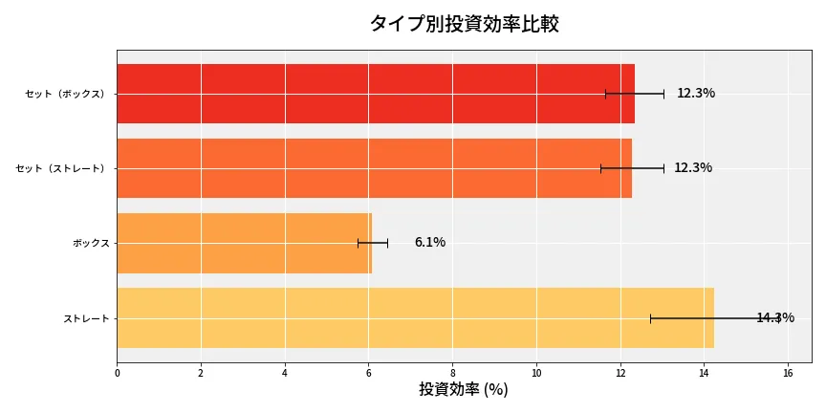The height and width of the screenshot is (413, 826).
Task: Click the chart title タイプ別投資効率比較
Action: tap(464, 24)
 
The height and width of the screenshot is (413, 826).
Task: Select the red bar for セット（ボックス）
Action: tap(375, 94)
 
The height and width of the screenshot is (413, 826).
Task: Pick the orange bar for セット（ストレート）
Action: tap(374, 168)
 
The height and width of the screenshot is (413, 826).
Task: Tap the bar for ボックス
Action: tap(244, 243)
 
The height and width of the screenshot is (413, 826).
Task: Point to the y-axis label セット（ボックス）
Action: tap(67, 94)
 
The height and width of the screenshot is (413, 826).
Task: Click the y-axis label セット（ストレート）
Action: tap(62, 168)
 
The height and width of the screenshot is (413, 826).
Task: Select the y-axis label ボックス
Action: tap(92, 243)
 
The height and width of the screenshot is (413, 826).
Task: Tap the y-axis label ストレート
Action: tap(86, 317)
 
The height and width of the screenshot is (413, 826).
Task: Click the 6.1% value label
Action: tap(429, 243)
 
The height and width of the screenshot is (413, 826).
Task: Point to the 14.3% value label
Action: tap(774, 317)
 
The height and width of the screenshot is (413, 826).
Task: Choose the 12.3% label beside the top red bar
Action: tap(695, 94)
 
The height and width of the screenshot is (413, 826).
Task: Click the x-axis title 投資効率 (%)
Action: tap(464, 390)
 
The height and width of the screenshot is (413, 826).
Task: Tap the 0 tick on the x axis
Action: tap(117, 373)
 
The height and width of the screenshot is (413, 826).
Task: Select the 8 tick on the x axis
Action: tap(452, 373)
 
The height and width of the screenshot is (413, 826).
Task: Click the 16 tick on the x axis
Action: tap(788, 373)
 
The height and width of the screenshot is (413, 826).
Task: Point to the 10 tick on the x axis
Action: tap(536, 373)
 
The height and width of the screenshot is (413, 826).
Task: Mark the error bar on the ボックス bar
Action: tap(373, 243)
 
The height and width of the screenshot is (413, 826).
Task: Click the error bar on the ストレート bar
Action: tap(716, 318)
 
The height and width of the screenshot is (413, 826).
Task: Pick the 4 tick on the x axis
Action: tap(285, 373)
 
